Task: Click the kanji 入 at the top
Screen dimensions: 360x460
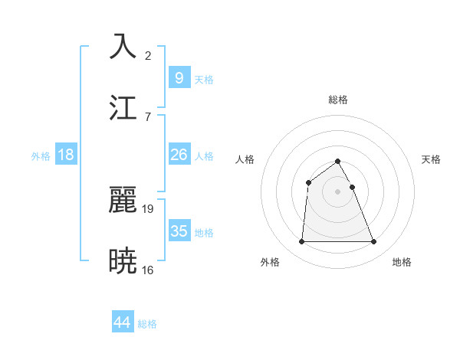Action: click(x=123, y=47)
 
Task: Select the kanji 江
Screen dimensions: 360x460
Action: click(x=123, y=107)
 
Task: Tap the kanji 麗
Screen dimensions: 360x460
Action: click(x=123, y=200)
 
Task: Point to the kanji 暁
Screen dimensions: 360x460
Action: click(x=123, y=261)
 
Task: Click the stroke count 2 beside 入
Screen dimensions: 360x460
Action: click(x=148, y=55)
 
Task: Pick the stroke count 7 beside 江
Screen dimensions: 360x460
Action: click(x=148, y=116)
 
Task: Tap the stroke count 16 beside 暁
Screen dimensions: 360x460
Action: click(x=148, y=270)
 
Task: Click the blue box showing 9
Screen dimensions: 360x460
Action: click(x=179, y=77)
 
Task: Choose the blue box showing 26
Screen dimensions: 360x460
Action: click(x=179, y=155)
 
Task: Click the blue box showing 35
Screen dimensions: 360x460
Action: click(x=179, y=231)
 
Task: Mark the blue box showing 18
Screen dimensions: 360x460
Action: click(x=66, y=155)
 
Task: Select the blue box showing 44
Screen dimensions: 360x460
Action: click(x=123, y=322)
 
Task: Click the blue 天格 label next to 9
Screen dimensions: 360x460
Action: click(x=204, y=80)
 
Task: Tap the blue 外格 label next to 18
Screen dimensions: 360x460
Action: click(x=41, y=156)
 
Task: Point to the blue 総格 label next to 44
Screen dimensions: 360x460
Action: click(x=147, y=325)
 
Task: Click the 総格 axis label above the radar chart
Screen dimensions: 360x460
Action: click(x=338, y=100)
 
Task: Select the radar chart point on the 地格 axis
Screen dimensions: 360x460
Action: click(x=374, y=242)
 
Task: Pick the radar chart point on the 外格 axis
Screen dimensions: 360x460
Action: click(x=301, y=242)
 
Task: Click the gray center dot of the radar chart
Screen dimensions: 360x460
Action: click(x=338, y=191)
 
